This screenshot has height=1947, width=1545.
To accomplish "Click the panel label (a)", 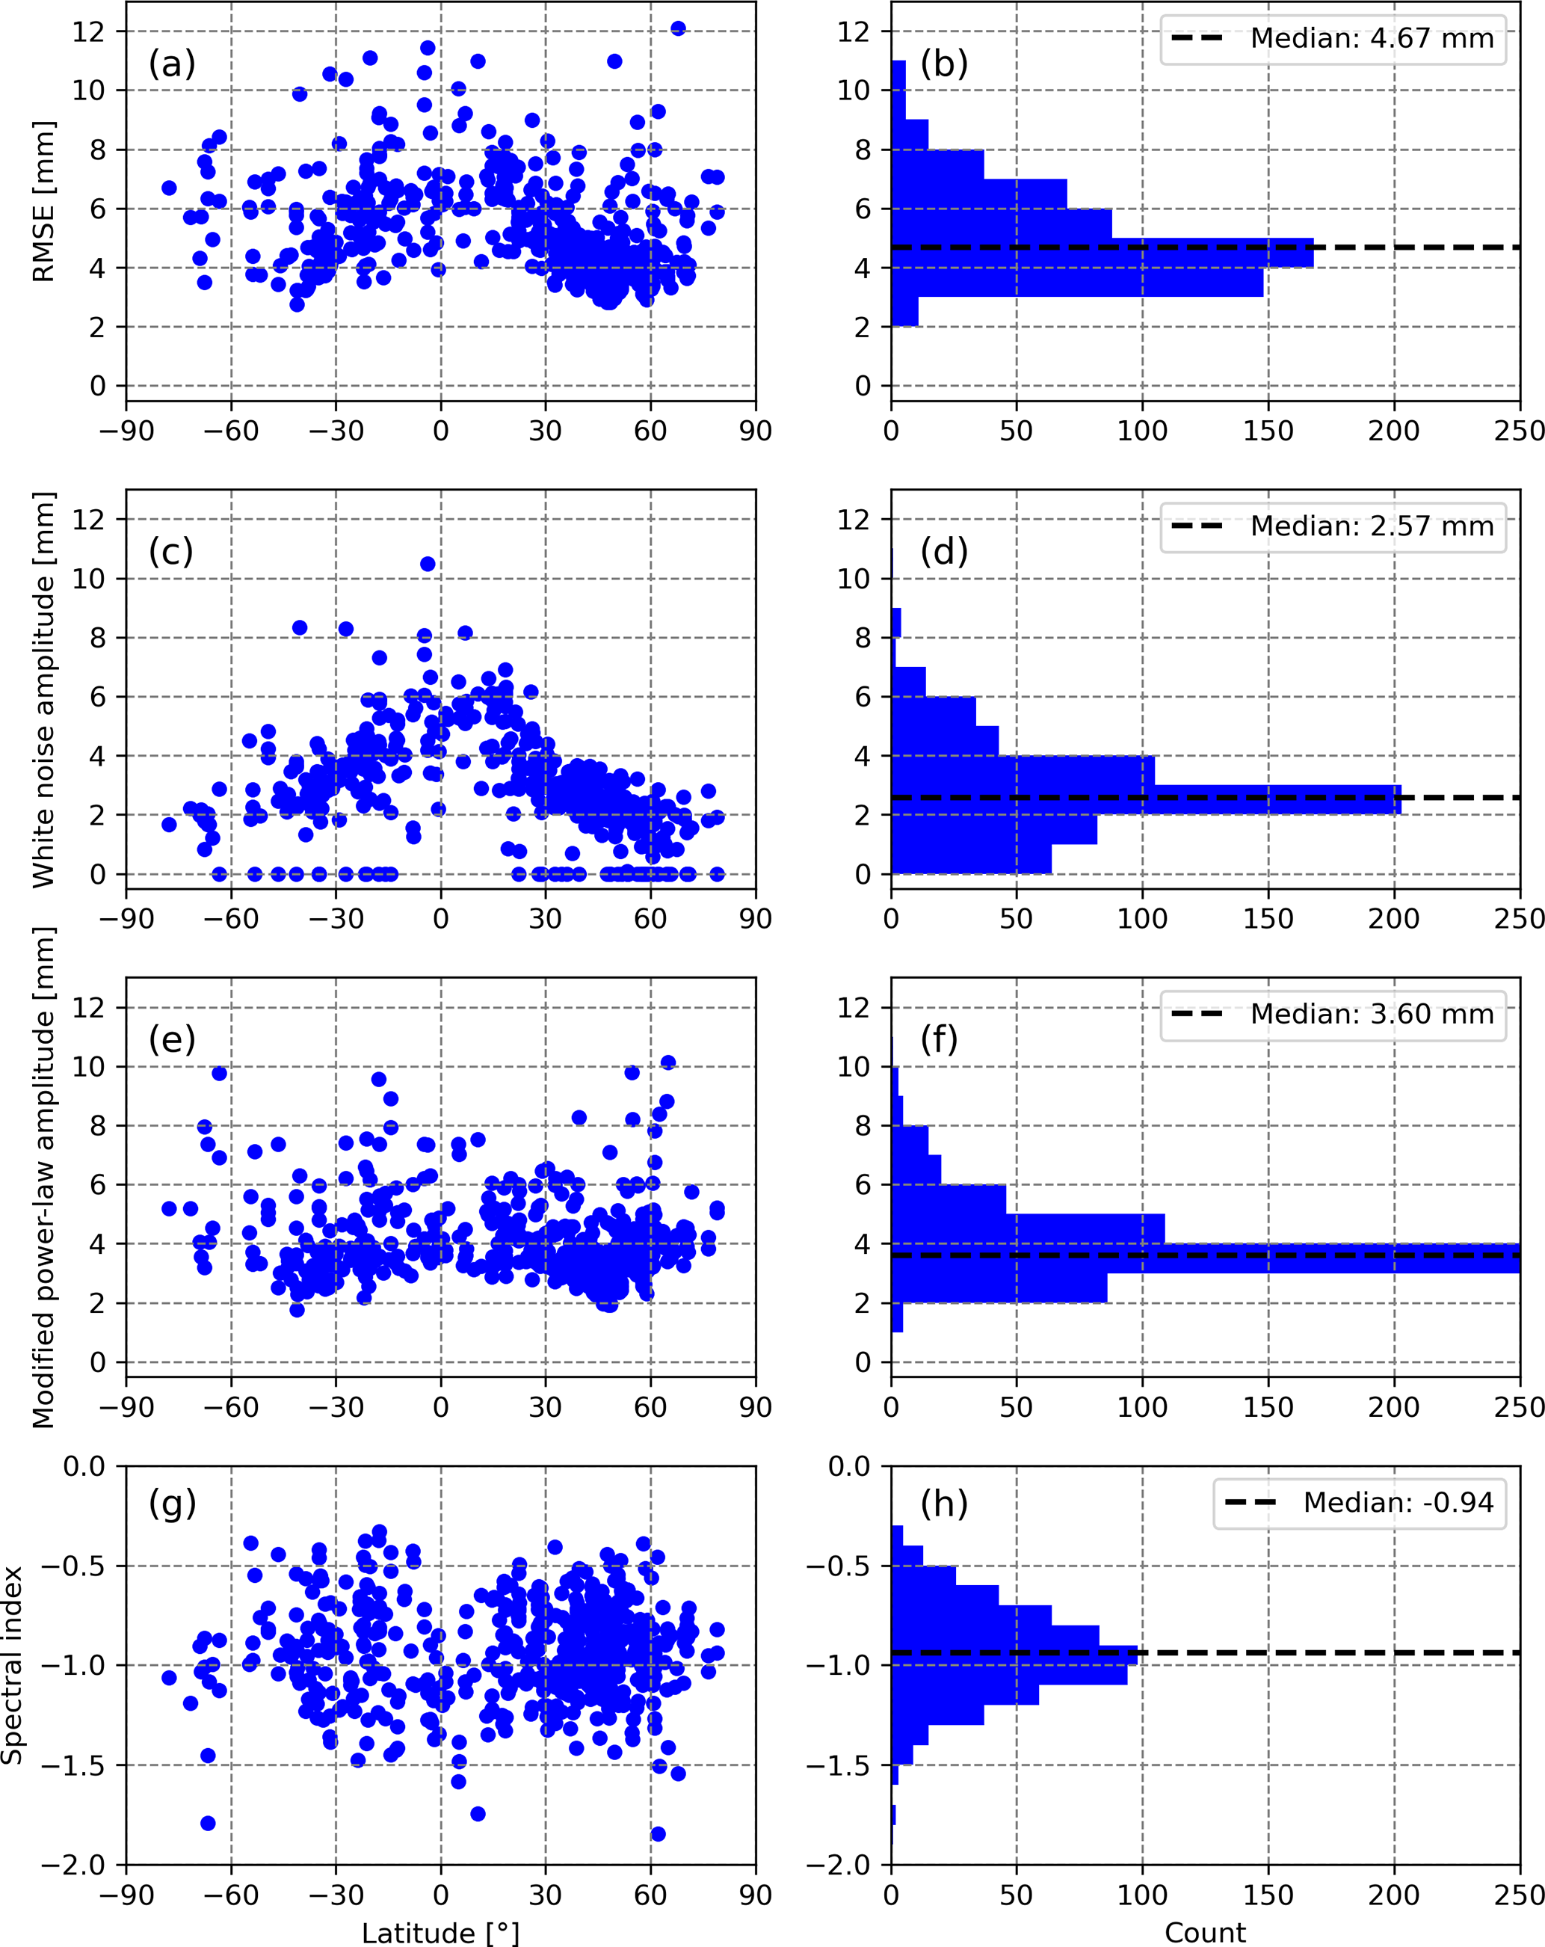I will pyautogui.click(x=172, y=64).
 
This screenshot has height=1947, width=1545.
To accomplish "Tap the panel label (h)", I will pyautogui.click(x=943, y=1503).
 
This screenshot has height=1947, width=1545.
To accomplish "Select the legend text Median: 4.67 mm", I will pyautogui.click(x=1372, y=39).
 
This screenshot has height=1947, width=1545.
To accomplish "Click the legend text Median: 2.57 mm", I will pyautogui.click(x=1372, y=526).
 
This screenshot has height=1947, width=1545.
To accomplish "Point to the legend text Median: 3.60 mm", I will pyautogui.click(x=1372, y=1014).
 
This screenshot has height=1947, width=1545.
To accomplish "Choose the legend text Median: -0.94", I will pyautogui.click(x=1398, y=1502).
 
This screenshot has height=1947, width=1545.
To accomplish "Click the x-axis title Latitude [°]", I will pyautogui.click(x=441, y=1933).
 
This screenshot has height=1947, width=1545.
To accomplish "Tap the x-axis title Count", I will pyautogui.click(x=1205, y=1933).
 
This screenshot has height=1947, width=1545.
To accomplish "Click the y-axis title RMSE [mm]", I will pyautogui.click(x=43, y=201).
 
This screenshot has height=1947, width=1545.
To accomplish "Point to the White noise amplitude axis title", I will pyautogui.click(x=43, y=690).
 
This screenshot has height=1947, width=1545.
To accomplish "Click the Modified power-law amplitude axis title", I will pyautogui.click(x=43, y=1178).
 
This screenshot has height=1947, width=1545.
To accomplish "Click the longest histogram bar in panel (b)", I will pyautogui.click(x=1102, y=253).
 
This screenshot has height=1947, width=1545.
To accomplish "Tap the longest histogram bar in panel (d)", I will pyautogui.click(x=1146, y=800).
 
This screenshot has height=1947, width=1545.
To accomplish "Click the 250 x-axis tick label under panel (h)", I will pyautogui.click(x=1520, y=1895).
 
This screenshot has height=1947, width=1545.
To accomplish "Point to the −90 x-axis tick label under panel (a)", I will pyautogui.click(x=126, y=431).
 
